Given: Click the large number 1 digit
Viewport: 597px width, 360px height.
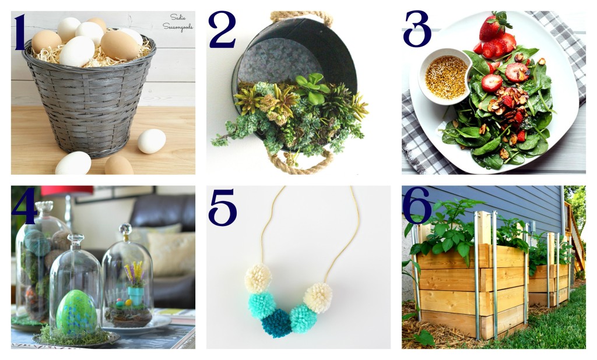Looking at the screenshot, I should pyautogui.click(x=20, y=33).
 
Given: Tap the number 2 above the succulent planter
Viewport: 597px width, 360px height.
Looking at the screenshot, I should pyautogui.click(x=222, y=30).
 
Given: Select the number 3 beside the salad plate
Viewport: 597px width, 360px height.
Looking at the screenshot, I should pyautogui.click(x=417, y=29).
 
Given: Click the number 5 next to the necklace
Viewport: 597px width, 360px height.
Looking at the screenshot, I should pyautogui.click(x=222, y=207).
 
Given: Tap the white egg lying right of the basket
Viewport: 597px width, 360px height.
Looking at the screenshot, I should pyautogui.click(x=152, y=141).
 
